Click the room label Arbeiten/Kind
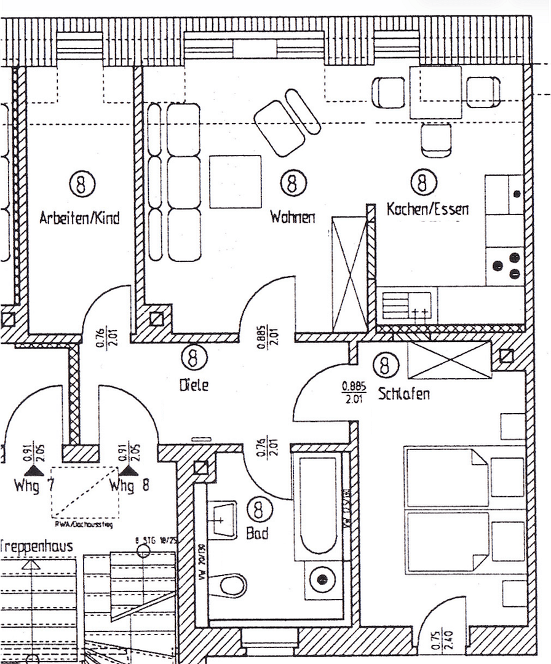click(79, 218)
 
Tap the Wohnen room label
click(293, 217)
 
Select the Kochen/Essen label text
click(427, 210)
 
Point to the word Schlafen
click(404, 393)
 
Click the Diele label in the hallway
click(194, 385)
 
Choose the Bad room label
click(257, 534)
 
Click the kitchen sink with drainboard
click(406, 306)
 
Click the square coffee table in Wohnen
click(236, 181)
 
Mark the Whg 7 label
click(35, 486)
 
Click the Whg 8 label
click(129, 486)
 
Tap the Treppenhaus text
click(37, 546)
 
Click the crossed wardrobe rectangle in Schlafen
click(449, 361)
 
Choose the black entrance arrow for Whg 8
click(128, 470)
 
